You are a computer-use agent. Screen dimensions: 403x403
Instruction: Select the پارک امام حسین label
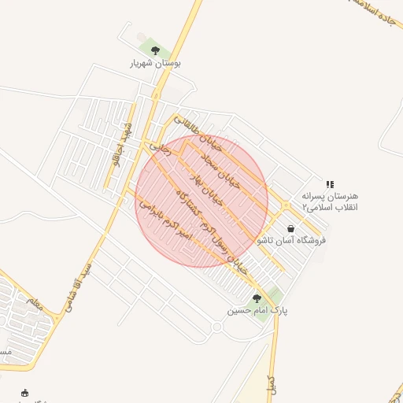click(258, 311)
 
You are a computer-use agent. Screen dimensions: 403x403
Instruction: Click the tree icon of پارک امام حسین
click(257, 298)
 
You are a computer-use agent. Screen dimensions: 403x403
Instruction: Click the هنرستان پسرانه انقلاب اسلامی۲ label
click(330, 201)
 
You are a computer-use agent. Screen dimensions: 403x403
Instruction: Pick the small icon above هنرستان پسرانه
click(329, 183)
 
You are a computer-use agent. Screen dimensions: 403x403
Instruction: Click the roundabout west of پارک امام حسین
click(217, 327)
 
